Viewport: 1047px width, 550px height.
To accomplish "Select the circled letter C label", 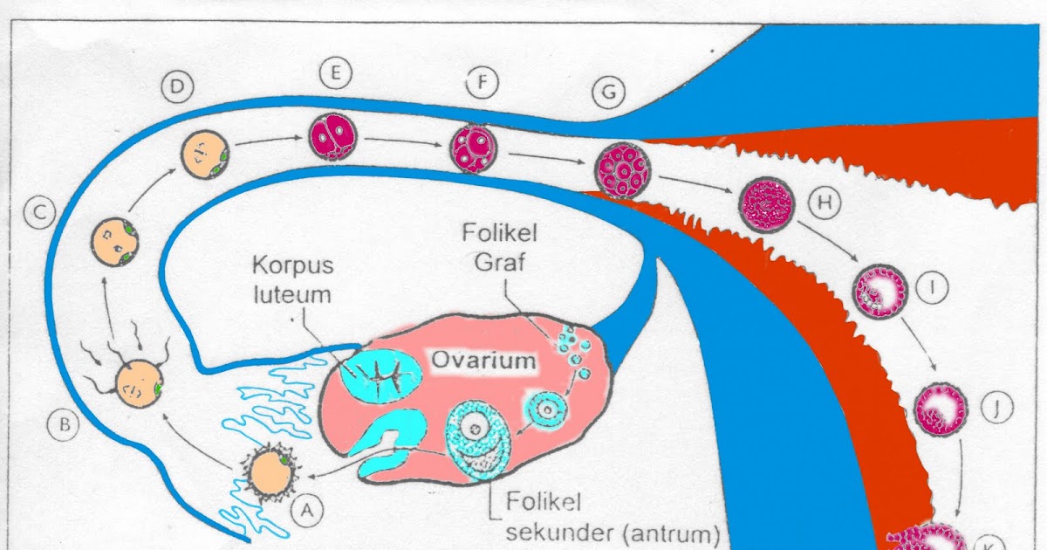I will click(39, 212).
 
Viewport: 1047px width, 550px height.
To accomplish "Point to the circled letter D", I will click(178, 87).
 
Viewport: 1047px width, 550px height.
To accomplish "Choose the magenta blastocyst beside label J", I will click(939, 408).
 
